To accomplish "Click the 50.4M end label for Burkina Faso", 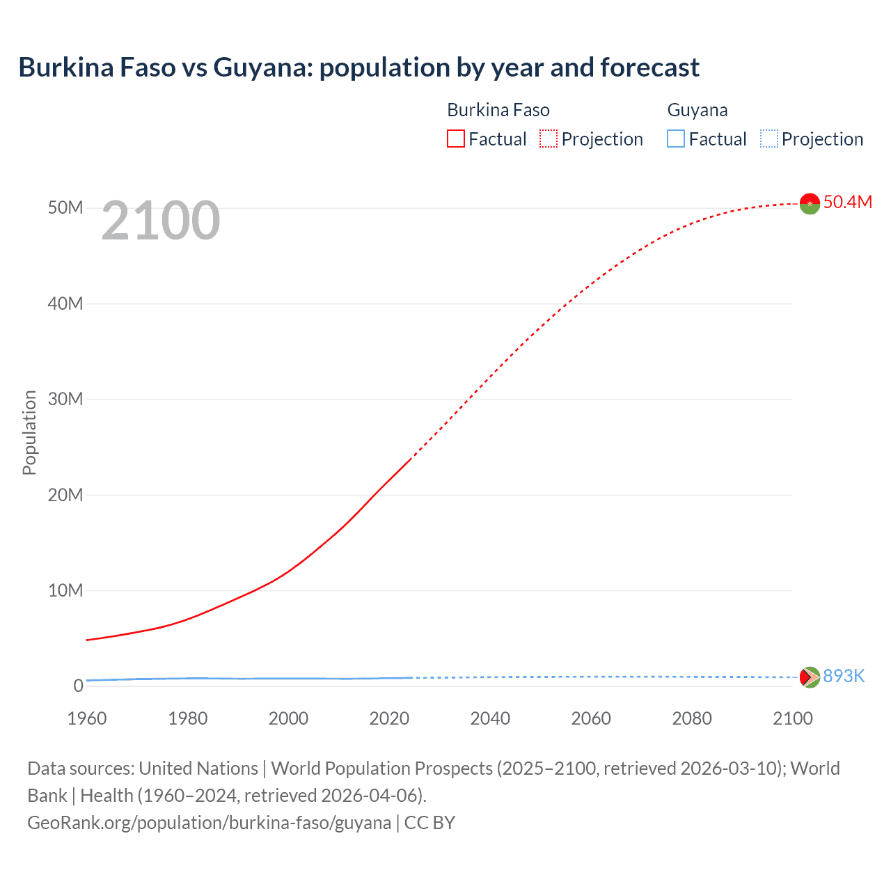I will click(847, 202).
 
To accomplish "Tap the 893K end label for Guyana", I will click(844, 676).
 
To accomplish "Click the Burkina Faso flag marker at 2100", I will click(810, 203).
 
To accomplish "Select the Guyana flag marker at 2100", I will click(810, 677).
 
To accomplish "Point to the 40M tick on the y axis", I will click(65, 303).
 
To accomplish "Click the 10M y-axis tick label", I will click(65, 590).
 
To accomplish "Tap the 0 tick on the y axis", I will click(78, 686).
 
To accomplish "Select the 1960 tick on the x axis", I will click(87, 718).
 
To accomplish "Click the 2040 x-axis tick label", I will click(490, 718).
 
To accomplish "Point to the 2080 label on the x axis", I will click(692, 718).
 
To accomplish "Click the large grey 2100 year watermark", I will click(161, 221).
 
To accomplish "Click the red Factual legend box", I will click(456, 139).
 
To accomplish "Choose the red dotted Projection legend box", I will click(549, 139).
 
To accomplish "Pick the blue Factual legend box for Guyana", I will click(676, 139).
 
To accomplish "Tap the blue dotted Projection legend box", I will click(769, 139).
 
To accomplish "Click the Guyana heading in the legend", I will click(697, 110).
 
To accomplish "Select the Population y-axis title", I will click(29, 432).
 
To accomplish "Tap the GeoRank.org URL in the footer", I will click(209, 823).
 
